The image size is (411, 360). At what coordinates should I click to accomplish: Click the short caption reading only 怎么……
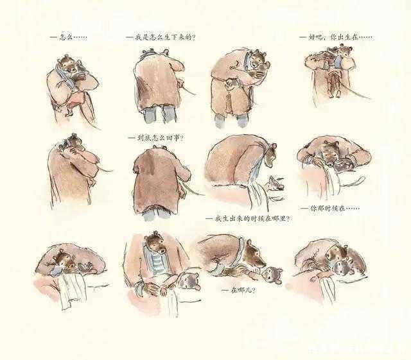click(69, 37)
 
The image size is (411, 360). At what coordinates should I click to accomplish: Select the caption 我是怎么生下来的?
click(161, 38)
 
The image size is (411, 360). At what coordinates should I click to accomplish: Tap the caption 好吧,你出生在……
click(336, 37)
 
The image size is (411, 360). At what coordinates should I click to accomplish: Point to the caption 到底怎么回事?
click(156, 138)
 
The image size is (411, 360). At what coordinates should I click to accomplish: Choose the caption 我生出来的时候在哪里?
click(248, 219)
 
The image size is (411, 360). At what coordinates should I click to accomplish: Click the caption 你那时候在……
click(330, 209)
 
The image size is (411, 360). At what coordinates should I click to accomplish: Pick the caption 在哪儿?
click(238, 290)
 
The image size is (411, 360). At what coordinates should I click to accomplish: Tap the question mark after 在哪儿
click(253, 290)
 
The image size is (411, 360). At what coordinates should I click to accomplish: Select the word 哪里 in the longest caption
click(278, 219)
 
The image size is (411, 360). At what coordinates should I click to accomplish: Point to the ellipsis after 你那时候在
click(353, 209)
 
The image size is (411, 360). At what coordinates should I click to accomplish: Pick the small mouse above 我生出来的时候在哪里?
click(275, 184)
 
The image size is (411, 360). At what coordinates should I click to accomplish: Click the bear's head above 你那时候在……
click(329, 155)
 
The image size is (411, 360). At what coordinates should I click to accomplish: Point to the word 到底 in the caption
click(142, 138)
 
